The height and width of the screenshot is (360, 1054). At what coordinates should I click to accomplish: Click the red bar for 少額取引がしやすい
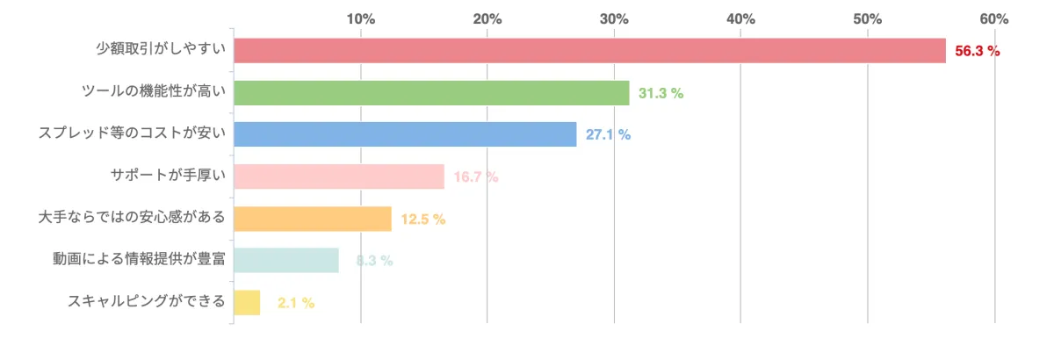[589, 51]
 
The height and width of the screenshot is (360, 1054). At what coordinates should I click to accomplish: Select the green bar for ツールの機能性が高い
[431, 93]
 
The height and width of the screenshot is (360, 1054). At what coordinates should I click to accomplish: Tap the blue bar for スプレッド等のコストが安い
[405, 134]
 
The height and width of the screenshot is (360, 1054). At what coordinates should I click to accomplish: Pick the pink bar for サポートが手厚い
[339, 176]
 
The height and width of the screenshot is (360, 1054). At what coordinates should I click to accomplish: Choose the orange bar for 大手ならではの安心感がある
[313, 219]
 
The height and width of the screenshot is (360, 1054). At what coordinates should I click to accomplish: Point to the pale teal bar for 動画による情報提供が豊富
[286, 260]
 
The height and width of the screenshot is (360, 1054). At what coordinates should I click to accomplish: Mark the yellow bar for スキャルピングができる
[247, 302]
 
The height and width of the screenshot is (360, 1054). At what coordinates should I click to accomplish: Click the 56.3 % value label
[978, 51]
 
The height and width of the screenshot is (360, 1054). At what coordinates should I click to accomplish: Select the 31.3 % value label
[661, 93]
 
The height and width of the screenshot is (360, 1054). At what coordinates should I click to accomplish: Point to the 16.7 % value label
[476, 176]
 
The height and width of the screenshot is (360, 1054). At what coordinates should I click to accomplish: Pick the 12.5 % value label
[423, 219]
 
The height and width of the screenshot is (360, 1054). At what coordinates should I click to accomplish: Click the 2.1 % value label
[296, 303]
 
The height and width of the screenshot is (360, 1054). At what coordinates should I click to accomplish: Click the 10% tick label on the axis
[361, 18]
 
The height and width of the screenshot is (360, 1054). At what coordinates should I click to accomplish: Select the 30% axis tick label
[615, 18]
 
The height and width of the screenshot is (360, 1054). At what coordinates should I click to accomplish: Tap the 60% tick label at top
[994, 18]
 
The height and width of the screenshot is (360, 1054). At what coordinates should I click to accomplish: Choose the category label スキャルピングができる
[147, 302]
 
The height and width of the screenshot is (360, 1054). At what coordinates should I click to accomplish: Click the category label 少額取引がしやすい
[161, 51]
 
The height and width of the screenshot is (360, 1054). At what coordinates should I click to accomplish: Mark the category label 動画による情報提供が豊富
[140, 260]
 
